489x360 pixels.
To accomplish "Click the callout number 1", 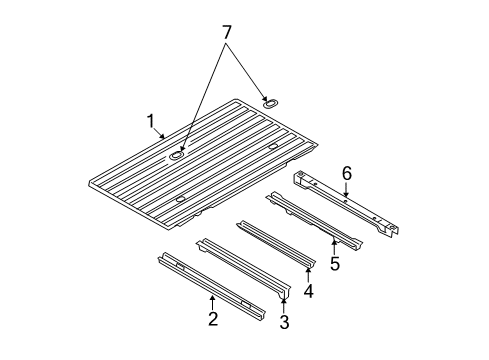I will coord(151,122).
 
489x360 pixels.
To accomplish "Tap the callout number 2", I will coord(212,318).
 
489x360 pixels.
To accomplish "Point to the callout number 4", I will coord(309,292).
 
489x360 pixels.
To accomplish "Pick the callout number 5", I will coord(335,264).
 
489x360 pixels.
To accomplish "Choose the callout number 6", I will coord(346,174).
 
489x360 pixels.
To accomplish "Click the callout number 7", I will coord(227,33).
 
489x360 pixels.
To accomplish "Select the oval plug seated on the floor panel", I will coord(177,155).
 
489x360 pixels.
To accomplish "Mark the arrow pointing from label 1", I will coord(160,134).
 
